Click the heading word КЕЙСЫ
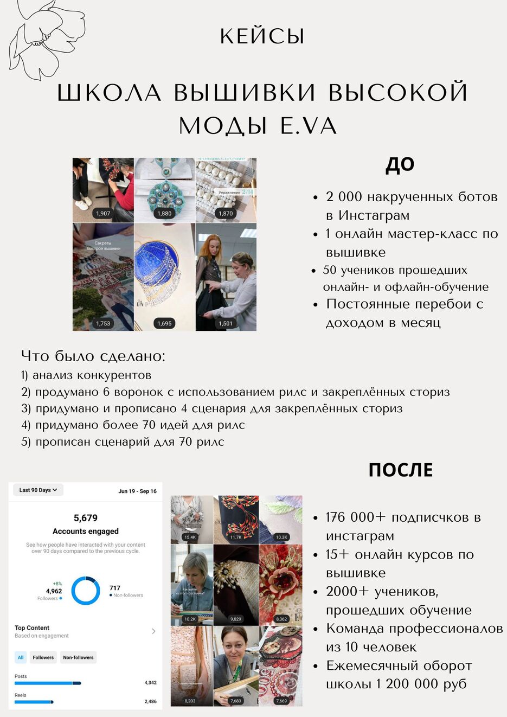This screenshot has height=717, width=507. [x=262, y=37]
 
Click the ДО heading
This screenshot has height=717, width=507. [x=400, y=164]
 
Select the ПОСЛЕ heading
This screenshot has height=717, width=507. [x=400, y=470]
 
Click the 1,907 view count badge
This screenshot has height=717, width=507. [x=103, y=214]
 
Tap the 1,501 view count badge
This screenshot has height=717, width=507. [x=226, y=323]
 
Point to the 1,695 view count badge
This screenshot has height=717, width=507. [x=164, y=323]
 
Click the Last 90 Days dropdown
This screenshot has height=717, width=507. [x=38, y=490]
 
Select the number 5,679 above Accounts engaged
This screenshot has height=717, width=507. [x=86, y=518]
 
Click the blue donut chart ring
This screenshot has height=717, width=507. [x=86, y=591]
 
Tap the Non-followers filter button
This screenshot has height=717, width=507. [x=78, y=657]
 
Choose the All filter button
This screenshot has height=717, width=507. [x=21, y=657]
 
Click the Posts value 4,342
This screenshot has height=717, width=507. [x=150, y=683]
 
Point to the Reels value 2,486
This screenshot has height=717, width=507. [x=150, y=701]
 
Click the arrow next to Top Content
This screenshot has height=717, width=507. [x=153, y=631]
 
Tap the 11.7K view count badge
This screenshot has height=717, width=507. [x=236, y=537]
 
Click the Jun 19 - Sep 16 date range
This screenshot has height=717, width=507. [x=137, y=491]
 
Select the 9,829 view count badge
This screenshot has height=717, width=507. [x=236, y=619]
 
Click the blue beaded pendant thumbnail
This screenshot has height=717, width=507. [x=164, y=190]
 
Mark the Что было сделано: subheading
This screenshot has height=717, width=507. [x=93, y=356]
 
